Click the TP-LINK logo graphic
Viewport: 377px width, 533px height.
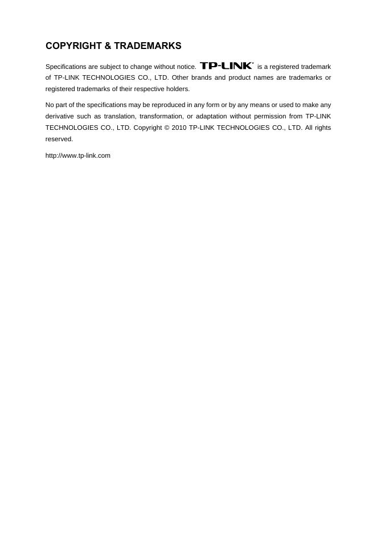(x=227, y=66)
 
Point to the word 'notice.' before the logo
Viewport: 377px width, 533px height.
(x=186, y=67)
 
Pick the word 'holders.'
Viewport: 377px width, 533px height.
(x=176, y=89)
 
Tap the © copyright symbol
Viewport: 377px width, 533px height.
(x=167, y=128)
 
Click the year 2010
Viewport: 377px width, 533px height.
(x=179, y=128)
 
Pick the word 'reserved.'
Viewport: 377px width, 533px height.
(x=59, y=139)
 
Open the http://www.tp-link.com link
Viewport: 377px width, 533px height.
(x=78, y=155)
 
